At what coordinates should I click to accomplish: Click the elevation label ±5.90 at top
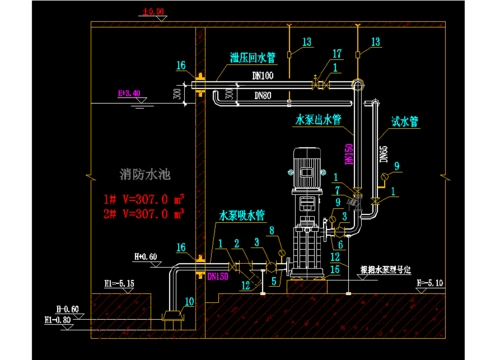pyautogui.click(x=154, y=11)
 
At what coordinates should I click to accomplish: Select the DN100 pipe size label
pyautogui.click(x=264, y=75)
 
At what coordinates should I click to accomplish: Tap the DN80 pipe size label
pyautogui.click(x=264, y=96)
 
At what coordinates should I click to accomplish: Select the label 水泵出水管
pyautogui.click(x=319, y=118)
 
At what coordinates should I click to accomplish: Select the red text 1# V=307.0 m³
pyautogui.click(x=143, y=198)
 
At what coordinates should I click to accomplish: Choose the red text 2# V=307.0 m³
pyautogui.click(x=143, y=213)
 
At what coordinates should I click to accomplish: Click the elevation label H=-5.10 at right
pyautogui.click(x=430, y=283)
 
